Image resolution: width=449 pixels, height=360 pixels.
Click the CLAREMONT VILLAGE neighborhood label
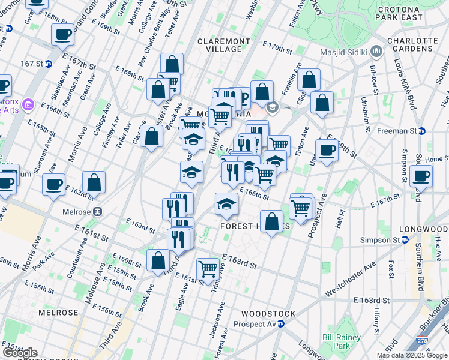(224, 45)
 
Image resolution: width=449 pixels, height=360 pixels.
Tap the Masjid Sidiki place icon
(377, 51)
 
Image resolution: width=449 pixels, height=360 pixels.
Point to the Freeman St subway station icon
(422, 131)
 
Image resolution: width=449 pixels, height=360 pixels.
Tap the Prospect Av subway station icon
(289, 324)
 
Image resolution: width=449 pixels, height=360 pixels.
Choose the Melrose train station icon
(97, 212)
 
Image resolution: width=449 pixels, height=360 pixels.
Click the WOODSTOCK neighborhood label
(268, 314)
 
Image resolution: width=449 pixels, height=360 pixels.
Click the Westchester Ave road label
(351, 278)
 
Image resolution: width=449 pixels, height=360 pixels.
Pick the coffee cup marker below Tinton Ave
(327, 150)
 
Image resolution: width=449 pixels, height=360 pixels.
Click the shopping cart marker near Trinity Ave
(208, 268)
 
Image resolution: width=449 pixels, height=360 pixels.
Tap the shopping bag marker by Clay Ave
(152, 136)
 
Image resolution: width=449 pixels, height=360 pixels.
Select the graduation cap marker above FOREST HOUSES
(226, 204)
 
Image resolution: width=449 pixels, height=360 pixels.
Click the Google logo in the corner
(19, 353)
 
